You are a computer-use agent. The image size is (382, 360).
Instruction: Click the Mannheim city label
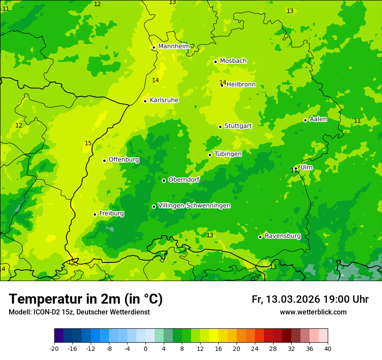point(174,46)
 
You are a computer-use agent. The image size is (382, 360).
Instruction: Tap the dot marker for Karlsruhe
point(145,101)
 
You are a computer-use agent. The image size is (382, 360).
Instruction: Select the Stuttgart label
point(238,126)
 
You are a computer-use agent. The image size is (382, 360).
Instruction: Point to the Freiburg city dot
point(95,214)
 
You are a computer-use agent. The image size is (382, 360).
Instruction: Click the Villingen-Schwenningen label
point(194,206)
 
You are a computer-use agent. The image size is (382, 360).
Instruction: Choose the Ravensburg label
point(283,236)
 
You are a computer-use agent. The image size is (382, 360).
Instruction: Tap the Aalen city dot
point(305,120)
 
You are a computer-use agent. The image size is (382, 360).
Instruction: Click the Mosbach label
point(233,61)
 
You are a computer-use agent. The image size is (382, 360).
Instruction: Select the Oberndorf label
point(184,180)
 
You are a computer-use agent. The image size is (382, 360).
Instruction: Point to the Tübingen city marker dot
point(210,155)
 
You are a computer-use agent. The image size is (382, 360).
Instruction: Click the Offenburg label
point(124,160)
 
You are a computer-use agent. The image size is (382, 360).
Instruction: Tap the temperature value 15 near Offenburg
point(88,144)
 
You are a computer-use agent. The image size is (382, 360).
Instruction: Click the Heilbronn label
point(241,85)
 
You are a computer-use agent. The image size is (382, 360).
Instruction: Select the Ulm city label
point(306,167)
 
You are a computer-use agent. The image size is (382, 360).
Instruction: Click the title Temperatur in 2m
point(86,299)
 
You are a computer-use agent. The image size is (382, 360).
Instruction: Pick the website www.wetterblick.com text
point(313,312)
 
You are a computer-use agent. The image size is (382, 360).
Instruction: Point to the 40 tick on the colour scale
point(328,348)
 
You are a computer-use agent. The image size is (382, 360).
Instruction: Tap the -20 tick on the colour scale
point(54,348)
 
